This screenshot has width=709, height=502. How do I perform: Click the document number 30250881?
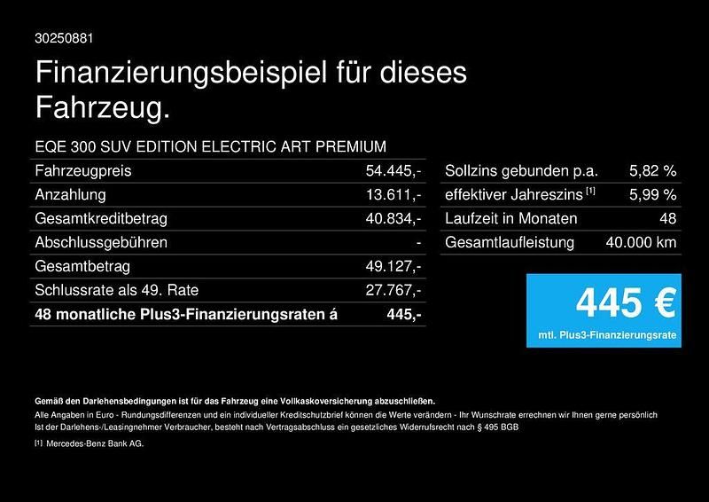coord(64,38)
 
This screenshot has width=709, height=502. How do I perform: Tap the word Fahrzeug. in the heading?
coord(102,109)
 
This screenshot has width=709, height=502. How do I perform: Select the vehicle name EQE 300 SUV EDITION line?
coord(210,146)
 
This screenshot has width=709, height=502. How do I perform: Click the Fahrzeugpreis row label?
coord(82,170)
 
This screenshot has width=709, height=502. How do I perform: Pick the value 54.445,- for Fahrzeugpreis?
coord(393,170)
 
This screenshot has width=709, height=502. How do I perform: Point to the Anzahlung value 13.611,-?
coord(393,194)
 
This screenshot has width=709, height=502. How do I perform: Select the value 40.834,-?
coord(393,218)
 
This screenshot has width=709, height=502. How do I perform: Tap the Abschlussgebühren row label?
coord(100,242)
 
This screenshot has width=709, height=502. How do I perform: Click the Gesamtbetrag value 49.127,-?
coord(393,266)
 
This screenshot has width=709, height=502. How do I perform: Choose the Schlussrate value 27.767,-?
coord(393,290)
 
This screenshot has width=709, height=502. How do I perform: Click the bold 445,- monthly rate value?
coord(404,314)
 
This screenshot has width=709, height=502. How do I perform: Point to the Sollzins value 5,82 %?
coord(652,170)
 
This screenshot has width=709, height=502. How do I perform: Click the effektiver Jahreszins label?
coord(513,194)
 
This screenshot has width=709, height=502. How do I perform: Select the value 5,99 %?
coord(652,194)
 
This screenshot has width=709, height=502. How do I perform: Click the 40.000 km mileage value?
coord(641,242)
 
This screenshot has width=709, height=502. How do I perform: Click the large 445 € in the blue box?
coord(625,302)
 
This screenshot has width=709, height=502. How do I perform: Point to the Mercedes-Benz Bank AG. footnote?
coord(94,443)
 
